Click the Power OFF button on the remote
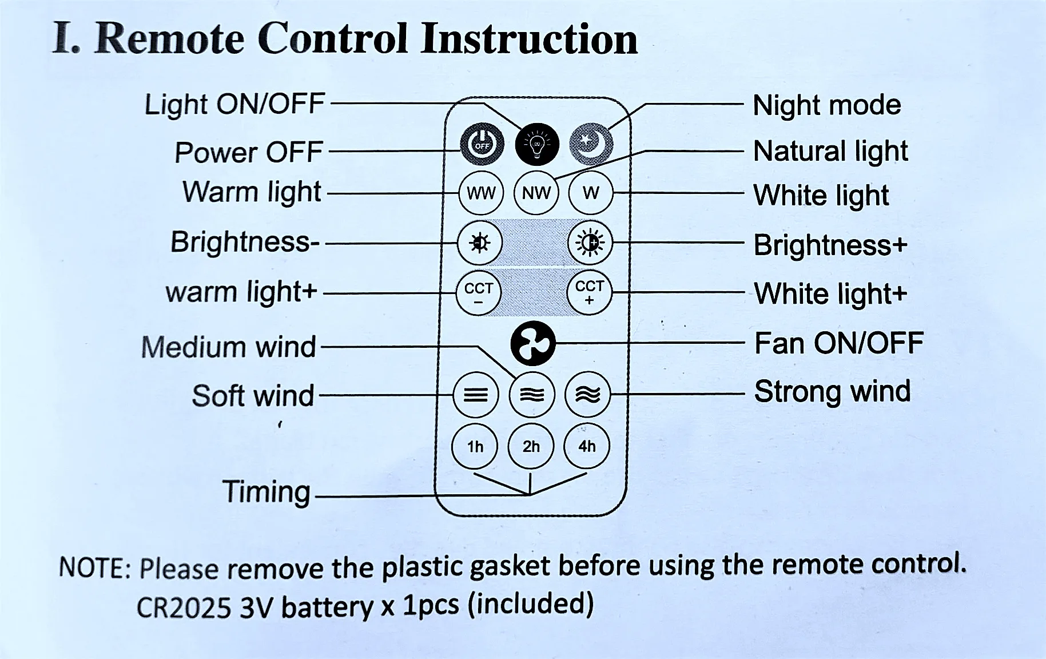pyautogui.click(x=482, y=145)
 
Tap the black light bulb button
pyautogui.click(x=537, y=145)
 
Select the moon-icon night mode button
pyautogui.click(x=591, y=144)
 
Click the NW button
pyautogui.click(x=536, y=193)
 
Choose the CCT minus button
pyautogui.click(x=479, y=293)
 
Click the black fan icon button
pyautogui.click(x=533, y=343)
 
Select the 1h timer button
pyautogui.click(x=475, y=446)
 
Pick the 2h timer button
pyautogui.click(x=531, y=446)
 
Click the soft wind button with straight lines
pyautogui.click(x=476, y=395)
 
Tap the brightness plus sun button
pyautogui.click(x=590, y=243)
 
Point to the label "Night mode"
pyautogui.click(x=827, y=105)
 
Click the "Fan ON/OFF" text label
pyautogui.click(x=839, y=343)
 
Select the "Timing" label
pyautogui.click(x=267, y=492)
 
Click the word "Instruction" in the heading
pyautogui.click(x=529, y=39)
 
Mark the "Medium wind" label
pyautogui.click(x=228, y=347)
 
